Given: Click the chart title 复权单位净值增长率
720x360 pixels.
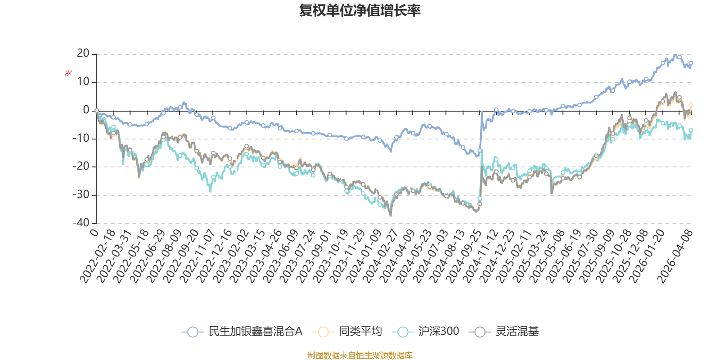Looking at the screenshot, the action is pyautogui.click(x=360, y=10).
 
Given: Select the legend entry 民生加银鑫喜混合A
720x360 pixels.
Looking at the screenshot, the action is pyautogui.click(x=242, y=331).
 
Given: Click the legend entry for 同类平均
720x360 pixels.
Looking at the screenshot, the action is pyautogui.click(x=347, y=331).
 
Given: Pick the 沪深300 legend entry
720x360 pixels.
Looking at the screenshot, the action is pyautogui.click(x=426, y=331).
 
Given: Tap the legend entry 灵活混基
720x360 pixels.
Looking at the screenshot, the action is pyautogui.click(x=504, y=331).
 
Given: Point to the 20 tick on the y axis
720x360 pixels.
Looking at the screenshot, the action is pyautogui.click(x=83, y=54).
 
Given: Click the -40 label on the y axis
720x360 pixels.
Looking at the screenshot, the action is pyautogui.click(x=81, y=223).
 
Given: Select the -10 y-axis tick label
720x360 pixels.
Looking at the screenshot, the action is pyautogui.click(x=81, y=138).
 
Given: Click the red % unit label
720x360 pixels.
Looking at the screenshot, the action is pyautogui.click(x=68, y=73).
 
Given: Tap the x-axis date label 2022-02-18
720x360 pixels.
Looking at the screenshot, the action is pyautogui.click(x=98, y=256).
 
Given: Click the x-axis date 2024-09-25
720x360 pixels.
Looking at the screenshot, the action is pyautogui.click(x=463, y=256).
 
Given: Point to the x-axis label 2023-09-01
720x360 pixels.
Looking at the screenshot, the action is pyautogui.click(x=314, y=256).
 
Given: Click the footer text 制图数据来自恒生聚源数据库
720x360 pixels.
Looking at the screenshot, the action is pyautogui.click(x=360, y=355).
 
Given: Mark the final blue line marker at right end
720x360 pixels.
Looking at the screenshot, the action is pyautogui.click(x=691, y=63).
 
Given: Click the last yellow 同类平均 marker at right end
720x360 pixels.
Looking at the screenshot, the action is pyautogui.click(x=691, y=105).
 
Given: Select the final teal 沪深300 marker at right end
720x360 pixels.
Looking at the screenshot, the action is pyautogui.click(x=691, y=130).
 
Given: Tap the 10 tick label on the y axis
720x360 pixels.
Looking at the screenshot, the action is pyautogui.click(x=83, y=81).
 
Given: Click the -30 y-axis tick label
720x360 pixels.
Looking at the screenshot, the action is pyautogui.click(x=81, y=195).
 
